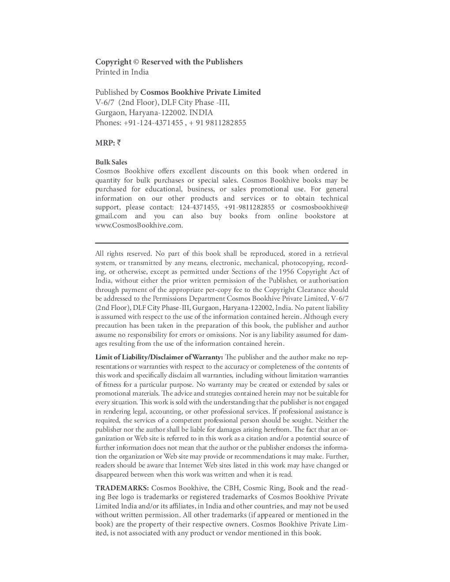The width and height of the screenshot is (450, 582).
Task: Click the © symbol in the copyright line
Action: click(136, 62)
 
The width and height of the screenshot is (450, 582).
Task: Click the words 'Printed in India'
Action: click(122, 72)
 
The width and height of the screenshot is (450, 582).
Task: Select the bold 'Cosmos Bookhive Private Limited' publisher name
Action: click(200, 93)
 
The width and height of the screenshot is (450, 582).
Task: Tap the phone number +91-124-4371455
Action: click(153, 123)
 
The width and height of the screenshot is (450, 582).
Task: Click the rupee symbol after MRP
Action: click(119, 143)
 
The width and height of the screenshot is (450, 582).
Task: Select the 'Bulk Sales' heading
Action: click(111, 162)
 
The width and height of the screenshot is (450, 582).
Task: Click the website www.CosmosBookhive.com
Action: click(139, 225)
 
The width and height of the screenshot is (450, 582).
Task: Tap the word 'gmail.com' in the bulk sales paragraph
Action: click(111, 216)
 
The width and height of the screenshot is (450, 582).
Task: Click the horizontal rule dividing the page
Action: click(221, 243)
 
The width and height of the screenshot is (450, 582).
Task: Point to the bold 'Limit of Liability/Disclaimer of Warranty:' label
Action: click(159, 357)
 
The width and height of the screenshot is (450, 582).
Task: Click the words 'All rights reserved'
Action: click(124, 254)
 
